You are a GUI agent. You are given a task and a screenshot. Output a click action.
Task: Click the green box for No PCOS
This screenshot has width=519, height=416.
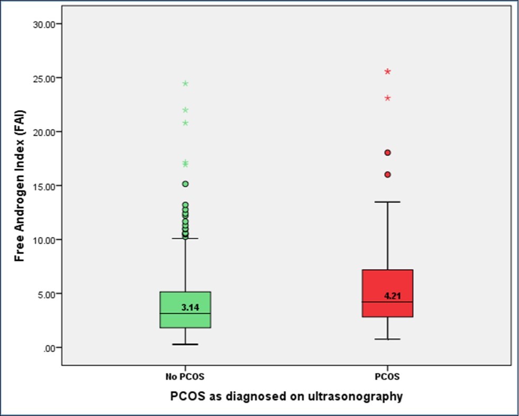[x=185, y=310]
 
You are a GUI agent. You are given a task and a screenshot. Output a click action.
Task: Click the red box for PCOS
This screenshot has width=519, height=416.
[x=387, y=293]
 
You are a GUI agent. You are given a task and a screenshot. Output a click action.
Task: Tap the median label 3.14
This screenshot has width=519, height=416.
[x=190, y=307]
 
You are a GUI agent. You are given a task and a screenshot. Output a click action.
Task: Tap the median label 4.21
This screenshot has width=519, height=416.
[x=393, y=296]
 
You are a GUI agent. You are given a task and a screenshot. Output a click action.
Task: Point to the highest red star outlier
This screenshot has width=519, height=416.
[x=387, y=71]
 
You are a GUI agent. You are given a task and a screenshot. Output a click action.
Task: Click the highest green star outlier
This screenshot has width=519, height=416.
[x=185, y=84]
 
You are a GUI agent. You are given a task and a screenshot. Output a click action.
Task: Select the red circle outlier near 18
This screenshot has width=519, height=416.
[x=387, y=152]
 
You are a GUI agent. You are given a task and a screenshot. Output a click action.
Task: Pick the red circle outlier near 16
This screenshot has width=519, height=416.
[x=387, y=174]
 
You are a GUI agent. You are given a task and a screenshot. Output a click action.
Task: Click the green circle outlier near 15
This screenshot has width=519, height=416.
[x=185, y=184]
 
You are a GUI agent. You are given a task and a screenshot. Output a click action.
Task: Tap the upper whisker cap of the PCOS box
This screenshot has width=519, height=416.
[x=387, y=202]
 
